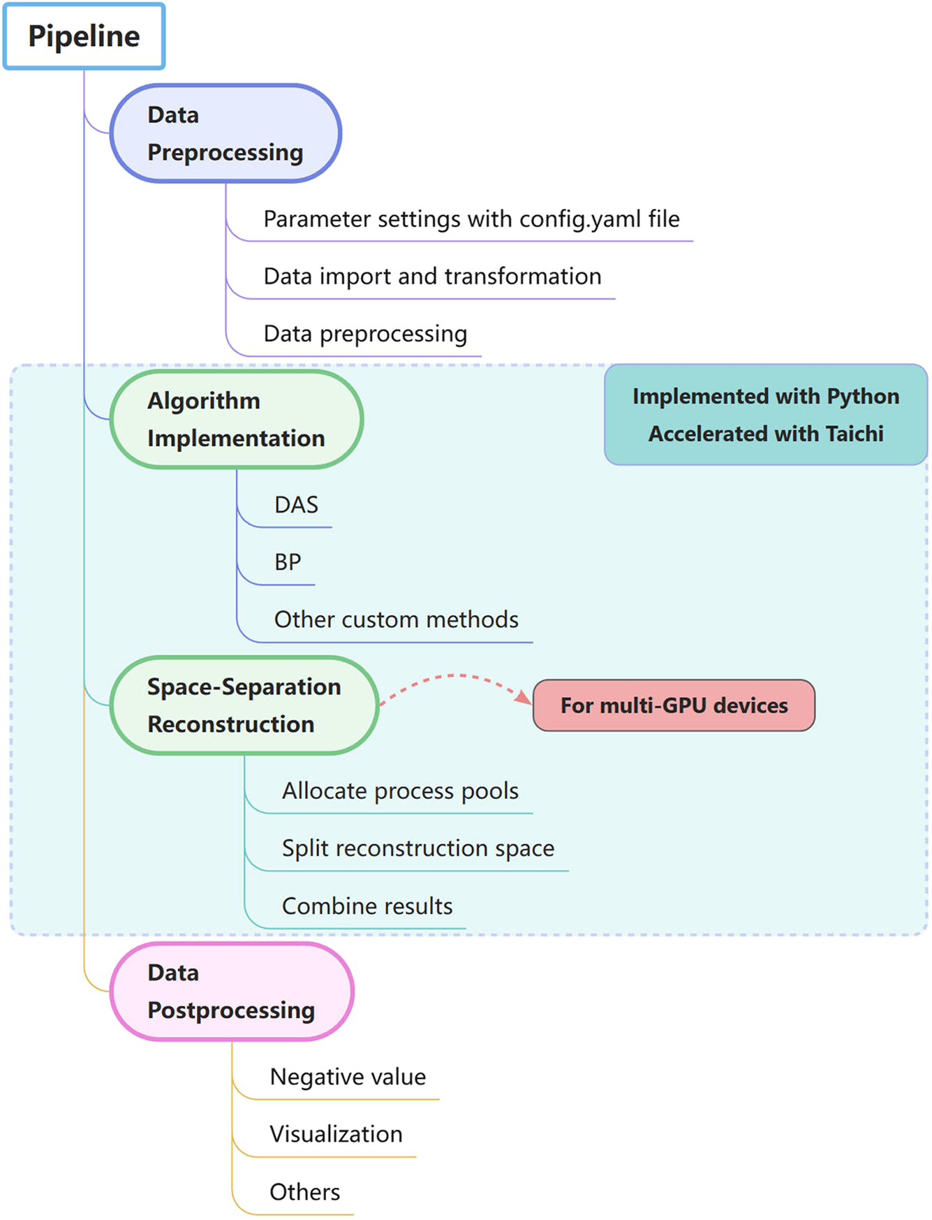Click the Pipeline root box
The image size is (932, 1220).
[x=84, y=36]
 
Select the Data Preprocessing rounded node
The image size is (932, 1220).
[x=225, y=133]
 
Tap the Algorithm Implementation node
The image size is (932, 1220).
[x=236, y=419]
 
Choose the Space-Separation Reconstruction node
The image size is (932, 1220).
[x=244, y=705]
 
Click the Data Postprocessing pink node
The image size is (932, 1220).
[x=231, y=992]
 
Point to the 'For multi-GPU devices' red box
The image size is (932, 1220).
[x=674, y=705]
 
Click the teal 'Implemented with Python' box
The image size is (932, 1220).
[x=766, y=414]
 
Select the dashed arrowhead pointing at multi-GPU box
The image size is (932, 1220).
[x=523, y=697]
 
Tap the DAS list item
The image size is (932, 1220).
[x=296, y=505]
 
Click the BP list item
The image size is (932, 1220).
[x=288, y=562]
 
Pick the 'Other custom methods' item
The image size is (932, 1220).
[x=396, y=619]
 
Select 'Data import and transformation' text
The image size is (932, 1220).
[x=432, y=277]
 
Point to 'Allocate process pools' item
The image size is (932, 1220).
[x=400, y=791]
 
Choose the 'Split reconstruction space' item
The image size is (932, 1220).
[x=417, y=848]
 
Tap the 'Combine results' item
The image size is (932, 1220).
[x=367, y=906]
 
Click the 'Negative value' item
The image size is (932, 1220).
[x=348, y=1077]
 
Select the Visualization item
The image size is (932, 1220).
[x=336, y=1134]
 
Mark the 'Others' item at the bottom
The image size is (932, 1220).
[x=304, y=1192]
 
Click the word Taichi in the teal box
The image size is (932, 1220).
[x=855, y=434]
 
